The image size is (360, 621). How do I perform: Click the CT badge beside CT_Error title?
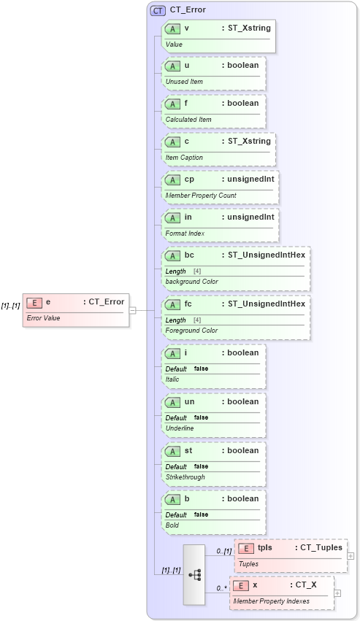pyautogui.click(x=158, y=10)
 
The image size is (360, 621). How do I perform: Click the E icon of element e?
pyautogui.click(x=34, y=302)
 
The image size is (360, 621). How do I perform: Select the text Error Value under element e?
pyautogui.click(x=43, y=318)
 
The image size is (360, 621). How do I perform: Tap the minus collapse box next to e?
pyautogui.click(x=132, y=310)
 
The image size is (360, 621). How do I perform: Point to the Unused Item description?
pyautogui.click(x=184, y=82)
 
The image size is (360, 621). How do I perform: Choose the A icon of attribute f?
pyautogui.click(x=173, y=104)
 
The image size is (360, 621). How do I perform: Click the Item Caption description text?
pyautogui.click(x=184, y=158)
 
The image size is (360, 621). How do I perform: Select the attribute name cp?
pyautogui.click(x=188, y=180)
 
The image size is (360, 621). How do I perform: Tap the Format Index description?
pyautogui.click(x=185, y=234)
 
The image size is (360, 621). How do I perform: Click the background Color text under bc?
pyautogui.click(x=191, y=282)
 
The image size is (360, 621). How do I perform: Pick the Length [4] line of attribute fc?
pyautogui.click(x=183, y=320)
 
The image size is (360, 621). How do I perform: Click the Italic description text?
pyautogui.click(x=172, y=379)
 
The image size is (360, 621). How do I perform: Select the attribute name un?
pyautogui.click(x=189, y=402)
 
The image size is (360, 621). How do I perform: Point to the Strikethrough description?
pyautogui.click(x=185, y=477)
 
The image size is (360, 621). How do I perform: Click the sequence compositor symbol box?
pyautogui.click(x=194, y=574)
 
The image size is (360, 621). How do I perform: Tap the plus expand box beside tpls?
pyautogui.click(x=351, y=556)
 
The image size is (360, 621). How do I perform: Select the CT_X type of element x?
pyautogui.click(x=306, y=585)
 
